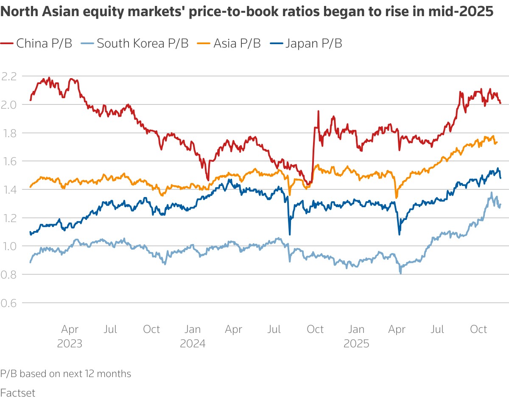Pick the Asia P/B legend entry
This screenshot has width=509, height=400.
[231, 43]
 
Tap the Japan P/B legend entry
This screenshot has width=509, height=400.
[307, 43]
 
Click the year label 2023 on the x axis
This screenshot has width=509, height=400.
[70, 343]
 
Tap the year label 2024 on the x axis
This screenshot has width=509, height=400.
[193, 343]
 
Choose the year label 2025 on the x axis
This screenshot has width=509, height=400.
[356, 343]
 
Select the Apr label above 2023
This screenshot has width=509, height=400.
[70, 330]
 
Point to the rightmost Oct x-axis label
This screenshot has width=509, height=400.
[479, 330]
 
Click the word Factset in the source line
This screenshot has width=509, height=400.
[18, 392]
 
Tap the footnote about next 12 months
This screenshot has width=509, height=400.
[66, 374]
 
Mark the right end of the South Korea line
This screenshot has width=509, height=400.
[501, 205]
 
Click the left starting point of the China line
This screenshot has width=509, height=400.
[30, 100]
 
